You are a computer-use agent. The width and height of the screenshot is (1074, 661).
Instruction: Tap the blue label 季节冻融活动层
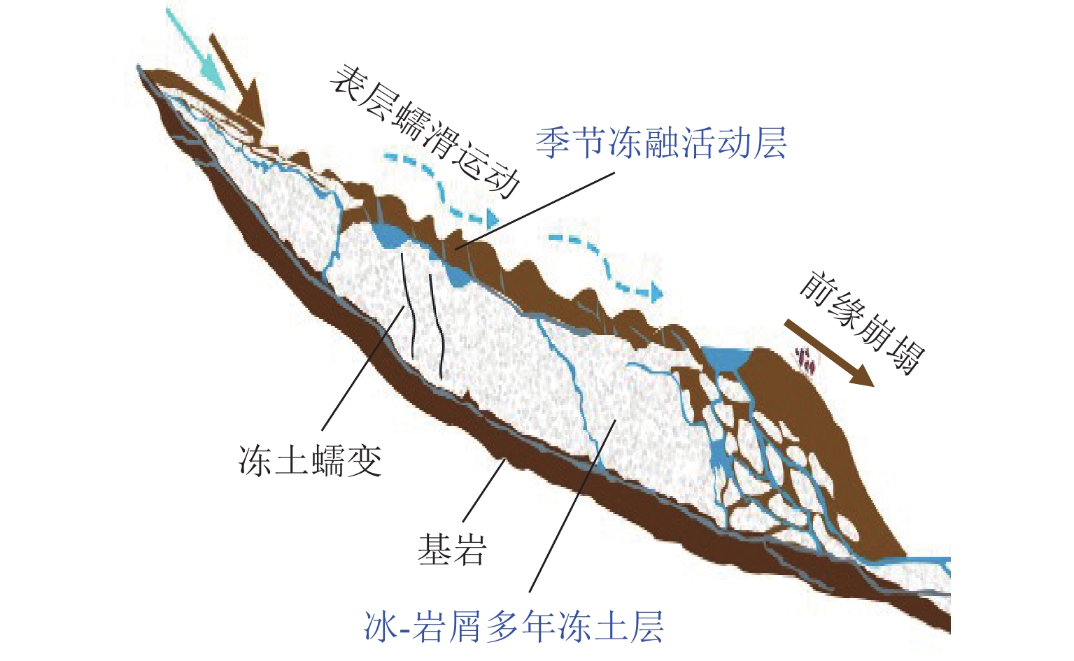(x=661, y=143)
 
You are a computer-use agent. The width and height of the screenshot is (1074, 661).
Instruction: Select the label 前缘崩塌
(x=861, y=323)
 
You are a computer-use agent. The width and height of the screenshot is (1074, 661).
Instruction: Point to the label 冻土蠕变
(x=310, y=461)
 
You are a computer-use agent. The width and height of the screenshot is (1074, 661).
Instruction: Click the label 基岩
(x=452, y=549)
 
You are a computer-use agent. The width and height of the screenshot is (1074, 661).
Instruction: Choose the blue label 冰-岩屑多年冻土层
(x=514, y=626)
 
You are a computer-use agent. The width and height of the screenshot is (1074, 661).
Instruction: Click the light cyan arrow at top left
(x=195, y=48)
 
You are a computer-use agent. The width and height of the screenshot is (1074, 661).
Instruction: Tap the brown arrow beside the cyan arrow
(x=236, y=77)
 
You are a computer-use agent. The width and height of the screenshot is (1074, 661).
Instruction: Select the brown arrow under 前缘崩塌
(x=829, y=353)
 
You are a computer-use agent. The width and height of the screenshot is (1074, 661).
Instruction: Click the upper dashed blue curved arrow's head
(x=492, y=218)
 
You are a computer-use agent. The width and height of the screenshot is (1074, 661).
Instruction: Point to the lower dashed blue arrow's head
(x=656, y=292)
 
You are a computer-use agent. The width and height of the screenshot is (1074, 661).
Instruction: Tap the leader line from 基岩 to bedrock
(x=483, y=490)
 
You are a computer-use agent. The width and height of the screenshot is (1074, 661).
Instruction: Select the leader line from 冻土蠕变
(x=363, y=369)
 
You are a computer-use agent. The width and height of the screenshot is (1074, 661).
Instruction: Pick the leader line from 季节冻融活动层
(x=535, y=211)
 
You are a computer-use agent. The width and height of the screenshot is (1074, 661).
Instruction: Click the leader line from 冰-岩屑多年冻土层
(x=572, y=506)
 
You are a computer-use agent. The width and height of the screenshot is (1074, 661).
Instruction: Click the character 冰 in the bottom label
(x=381, y=626)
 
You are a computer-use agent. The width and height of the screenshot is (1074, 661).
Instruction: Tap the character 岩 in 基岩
(x=470, y=549)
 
